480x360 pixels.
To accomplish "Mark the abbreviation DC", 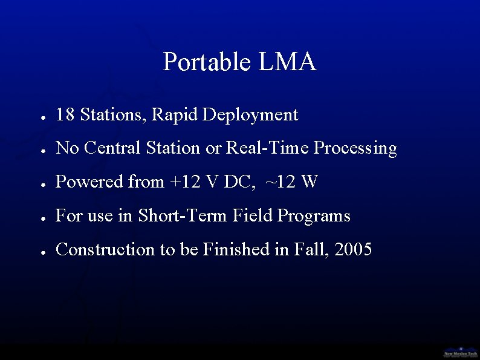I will pyautogui.click(x=242, y=182).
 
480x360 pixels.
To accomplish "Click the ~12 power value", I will pyautogui.click(x=280, y=182).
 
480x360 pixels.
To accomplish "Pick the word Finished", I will pyautogui.click(x=236, y=249).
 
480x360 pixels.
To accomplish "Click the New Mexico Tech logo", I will pyautogui.click(x=460, y=351).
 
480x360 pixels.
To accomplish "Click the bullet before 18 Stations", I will pyautogui.click(x=43, y=116).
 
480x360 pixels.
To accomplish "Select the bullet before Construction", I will pyautogui.click(x=43, y=251).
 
